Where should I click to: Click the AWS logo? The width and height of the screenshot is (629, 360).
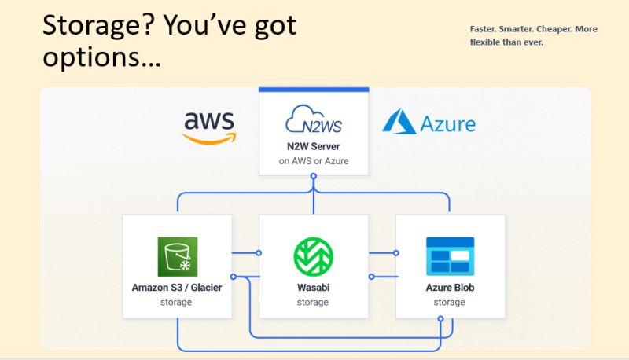(x=209, y=127)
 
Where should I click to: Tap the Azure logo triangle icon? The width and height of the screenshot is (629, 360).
(x=399, y=121)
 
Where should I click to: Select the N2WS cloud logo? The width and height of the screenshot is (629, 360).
(x=314, y=119)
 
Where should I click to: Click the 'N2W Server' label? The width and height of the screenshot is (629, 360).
(x=313, y=146)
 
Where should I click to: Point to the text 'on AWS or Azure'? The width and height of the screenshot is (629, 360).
(x=314, y=161)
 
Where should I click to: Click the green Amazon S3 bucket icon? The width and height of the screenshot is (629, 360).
(x=178, y=256)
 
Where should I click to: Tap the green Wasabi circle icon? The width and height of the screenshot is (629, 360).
(x=313, y=256)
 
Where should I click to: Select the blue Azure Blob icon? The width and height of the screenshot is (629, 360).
(x=450, y=256)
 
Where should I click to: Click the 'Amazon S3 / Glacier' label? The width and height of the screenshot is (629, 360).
(x=177, y=288)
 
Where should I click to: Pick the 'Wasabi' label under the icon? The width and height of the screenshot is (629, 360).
(x=313, y=288)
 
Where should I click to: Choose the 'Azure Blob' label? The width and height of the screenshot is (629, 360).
(x=450, y=288)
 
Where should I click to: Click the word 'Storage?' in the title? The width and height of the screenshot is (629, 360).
(x=98, y=26)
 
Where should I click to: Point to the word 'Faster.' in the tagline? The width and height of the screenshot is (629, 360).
(x=483, y=29)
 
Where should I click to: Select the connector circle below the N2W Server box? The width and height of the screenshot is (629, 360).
(x=314, y=176)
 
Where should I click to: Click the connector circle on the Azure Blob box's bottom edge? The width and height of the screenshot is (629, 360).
(x=440, y=318)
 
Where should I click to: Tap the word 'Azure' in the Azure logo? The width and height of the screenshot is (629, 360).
(x=447, y=124)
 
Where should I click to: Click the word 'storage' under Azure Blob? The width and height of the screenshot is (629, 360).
(x=449, y=303)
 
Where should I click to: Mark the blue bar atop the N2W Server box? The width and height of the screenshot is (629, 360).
(x=314, y=90)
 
